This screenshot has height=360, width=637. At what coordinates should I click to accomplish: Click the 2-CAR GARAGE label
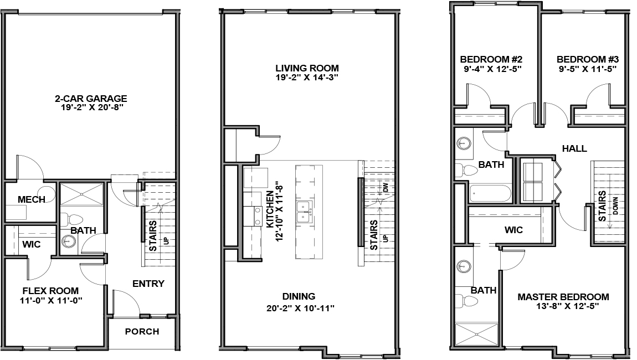pyautogui.click(x=91, y=99)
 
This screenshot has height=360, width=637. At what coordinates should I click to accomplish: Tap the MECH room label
pyautogui.click(x=31, y=199)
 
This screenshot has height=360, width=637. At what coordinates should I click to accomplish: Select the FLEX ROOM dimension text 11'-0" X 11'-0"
pyautogui.click(x=50, y=301)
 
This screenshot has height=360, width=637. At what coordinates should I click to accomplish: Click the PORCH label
pyautogui.click(x=142, y=332)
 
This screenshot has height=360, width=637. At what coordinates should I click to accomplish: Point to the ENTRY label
pyautogui.click(x=148, y=284)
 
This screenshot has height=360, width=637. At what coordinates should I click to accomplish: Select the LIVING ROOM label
pyautogui.click(x=307, y=68)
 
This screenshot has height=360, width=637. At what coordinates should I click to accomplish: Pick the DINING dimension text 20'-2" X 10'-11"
pyautogui.click(x=300, y=308)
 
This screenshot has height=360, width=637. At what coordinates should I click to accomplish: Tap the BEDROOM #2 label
pyautogui.click(x=492, y=59)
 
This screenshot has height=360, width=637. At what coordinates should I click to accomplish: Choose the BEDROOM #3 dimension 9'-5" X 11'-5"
pyautogui.click(x=588, y=69)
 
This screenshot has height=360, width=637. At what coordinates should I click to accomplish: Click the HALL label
pyautogui.click(x=574, y=149)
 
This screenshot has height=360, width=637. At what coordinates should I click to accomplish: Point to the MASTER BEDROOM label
pyautogui.click(x=563, y=297)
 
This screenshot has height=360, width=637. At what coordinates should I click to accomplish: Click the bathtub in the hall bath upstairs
pyautogui.click(x=490, y=194)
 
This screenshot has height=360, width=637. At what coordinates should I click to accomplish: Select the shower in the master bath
pyautogui.click(x=476, y=335)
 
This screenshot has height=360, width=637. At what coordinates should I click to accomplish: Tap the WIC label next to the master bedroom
pyautogui.click(x=513, y=230)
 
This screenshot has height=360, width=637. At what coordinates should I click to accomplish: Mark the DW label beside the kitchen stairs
pyautogui.click(x=386, y=187)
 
